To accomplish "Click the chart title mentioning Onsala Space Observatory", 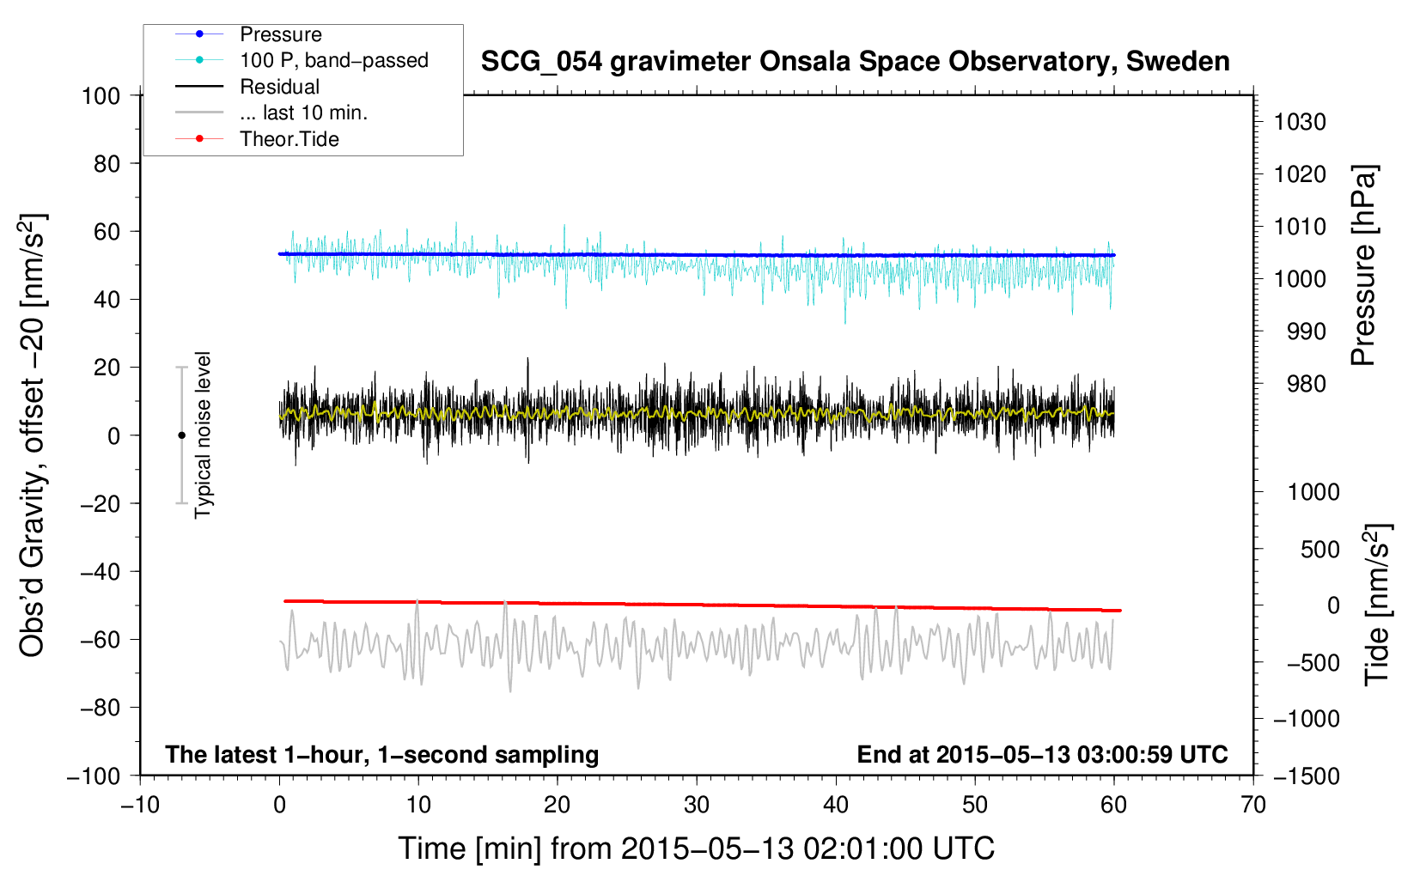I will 855,62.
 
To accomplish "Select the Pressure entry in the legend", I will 280,34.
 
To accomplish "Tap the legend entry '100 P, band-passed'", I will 333,60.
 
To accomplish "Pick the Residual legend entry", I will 279,87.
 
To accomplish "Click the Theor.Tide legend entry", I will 289,139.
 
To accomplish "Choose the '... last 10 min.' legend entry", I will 303,113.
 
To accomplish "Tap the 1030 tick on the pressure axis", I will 1299,122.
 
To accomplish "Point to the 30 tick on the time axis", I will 697,805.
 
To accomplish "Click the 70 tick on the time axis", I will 1253,805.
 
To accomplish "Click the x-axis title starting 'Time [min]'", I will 696,849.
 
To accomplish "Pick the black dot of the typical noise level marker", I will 181,435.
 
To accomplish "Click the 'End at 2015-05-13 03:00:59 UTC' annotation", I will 1042,754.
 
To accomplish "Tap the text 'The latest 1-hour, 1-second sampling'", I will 381,754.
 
